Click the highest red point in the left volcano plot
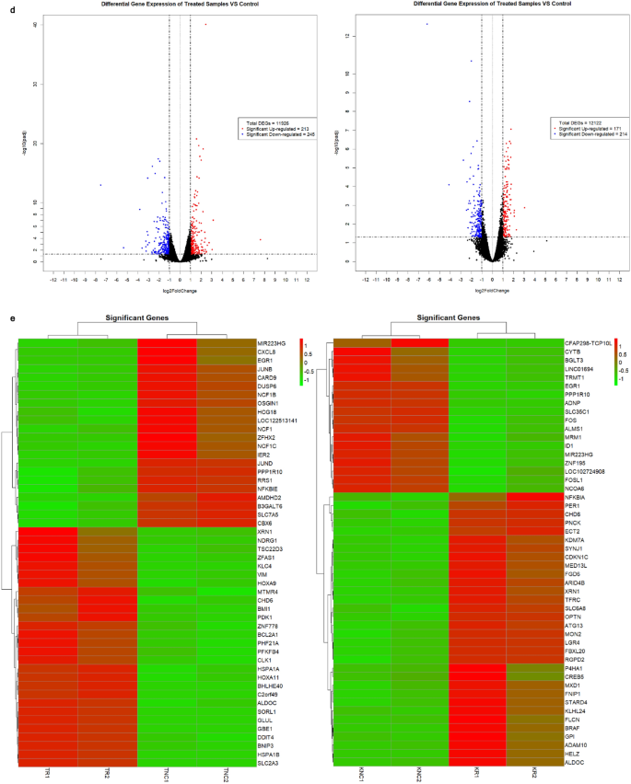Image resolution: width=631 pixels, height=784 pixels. pyautogui.click(x=204, y=25)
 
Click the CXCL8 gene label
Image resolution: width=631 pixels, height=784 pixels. pyautogui.click(x=268, y=352)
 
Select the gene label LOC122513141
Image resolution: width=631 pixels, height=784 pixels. pyautogui.click(x=276, y=421)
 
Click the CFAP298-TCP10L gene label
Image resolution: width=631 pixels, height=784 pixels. pyautogui.click(x=588, y=342)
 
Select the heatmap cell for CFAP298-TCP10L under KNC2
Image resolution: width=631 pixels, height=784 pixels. pyautogui.click(x=419, y=342)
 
